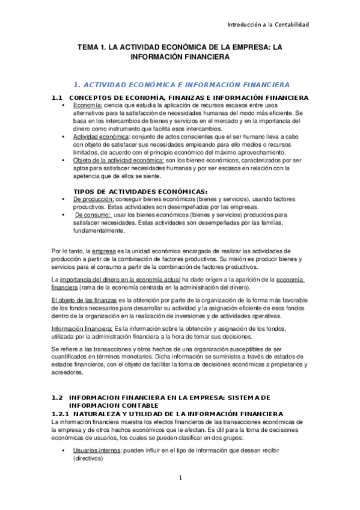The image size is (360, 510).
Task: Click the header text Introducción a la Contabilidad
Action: [267, 25]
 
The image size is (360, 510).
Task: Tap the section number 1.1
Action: [57, 97]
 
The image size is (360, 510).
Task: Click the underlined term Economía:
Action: [88, 105]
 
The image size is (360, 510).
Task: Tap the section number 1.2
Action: [57, 398]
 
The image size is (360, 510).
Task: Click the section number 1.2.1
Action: [61, 414]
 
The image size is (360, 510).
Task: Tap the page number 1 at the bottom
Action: [180, 478]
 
